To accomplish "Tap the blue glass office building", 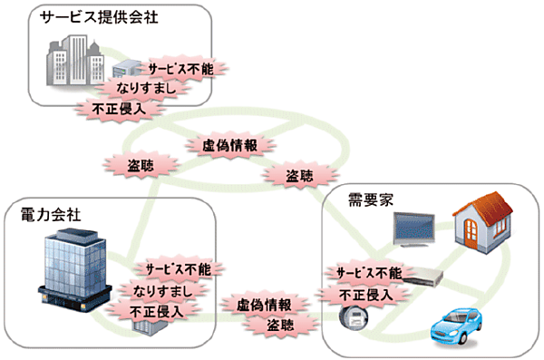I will (x=75, y=263).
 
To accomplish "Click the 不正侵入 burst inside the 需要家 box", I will (x=364, y=295).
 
